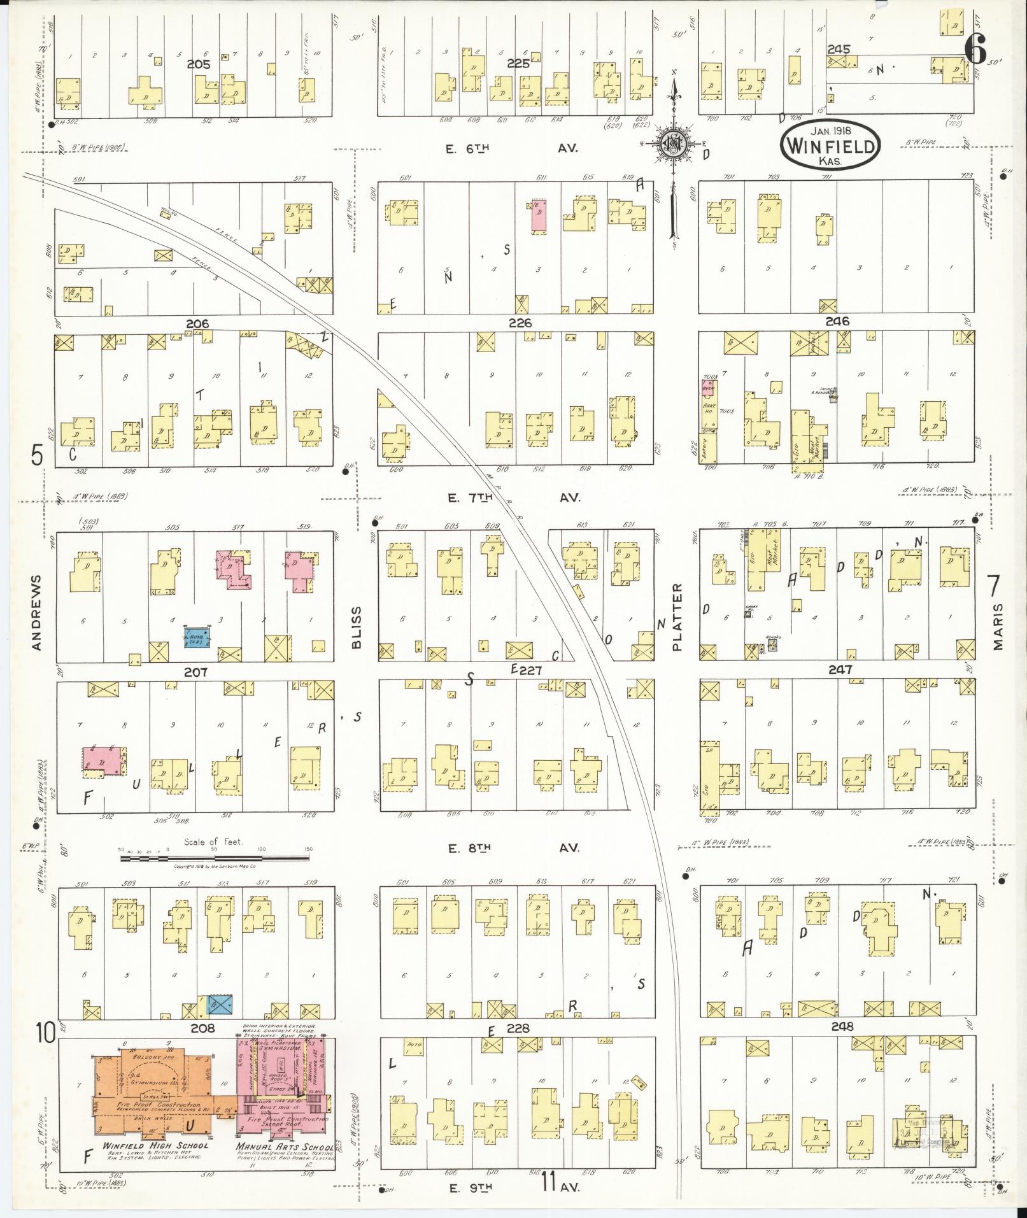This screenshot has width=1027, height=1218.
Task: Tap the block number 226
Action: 520,323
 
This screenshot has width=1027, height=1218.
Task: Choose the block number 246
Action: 837,322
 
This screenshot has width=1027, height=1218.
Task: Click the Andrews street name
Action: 36,613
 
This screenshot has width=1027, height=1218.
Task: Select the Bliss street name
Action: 356,627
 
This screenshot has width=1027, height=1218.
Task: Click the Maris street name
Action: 997,627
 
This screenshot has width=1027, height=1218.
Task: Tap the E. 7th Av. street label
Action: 516,498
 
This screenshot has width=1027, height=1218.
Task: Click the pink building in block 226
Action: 539,216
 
